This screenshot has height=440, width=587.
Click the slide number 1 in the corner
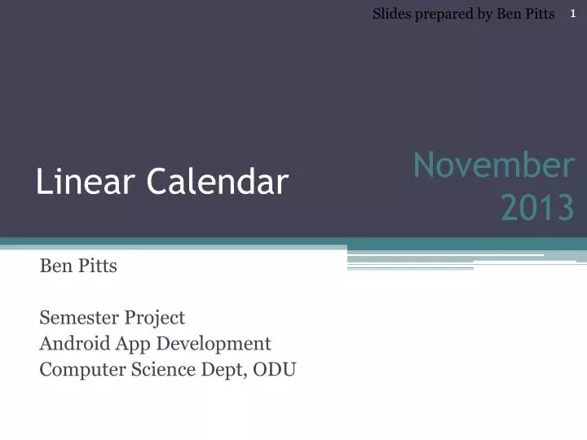point(572,13)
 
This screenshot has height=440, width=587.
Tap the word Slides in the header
point(391,14)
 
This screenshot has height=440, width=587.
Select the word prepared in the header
point(443,14)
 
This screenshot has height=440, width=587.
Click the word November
point(492,165)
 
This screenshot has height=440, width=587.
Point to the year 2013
point(536,209)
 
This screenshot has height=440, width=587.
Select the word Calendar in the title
point(218,183)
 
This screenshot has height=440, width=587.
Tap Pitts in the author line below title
point(98,266)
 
